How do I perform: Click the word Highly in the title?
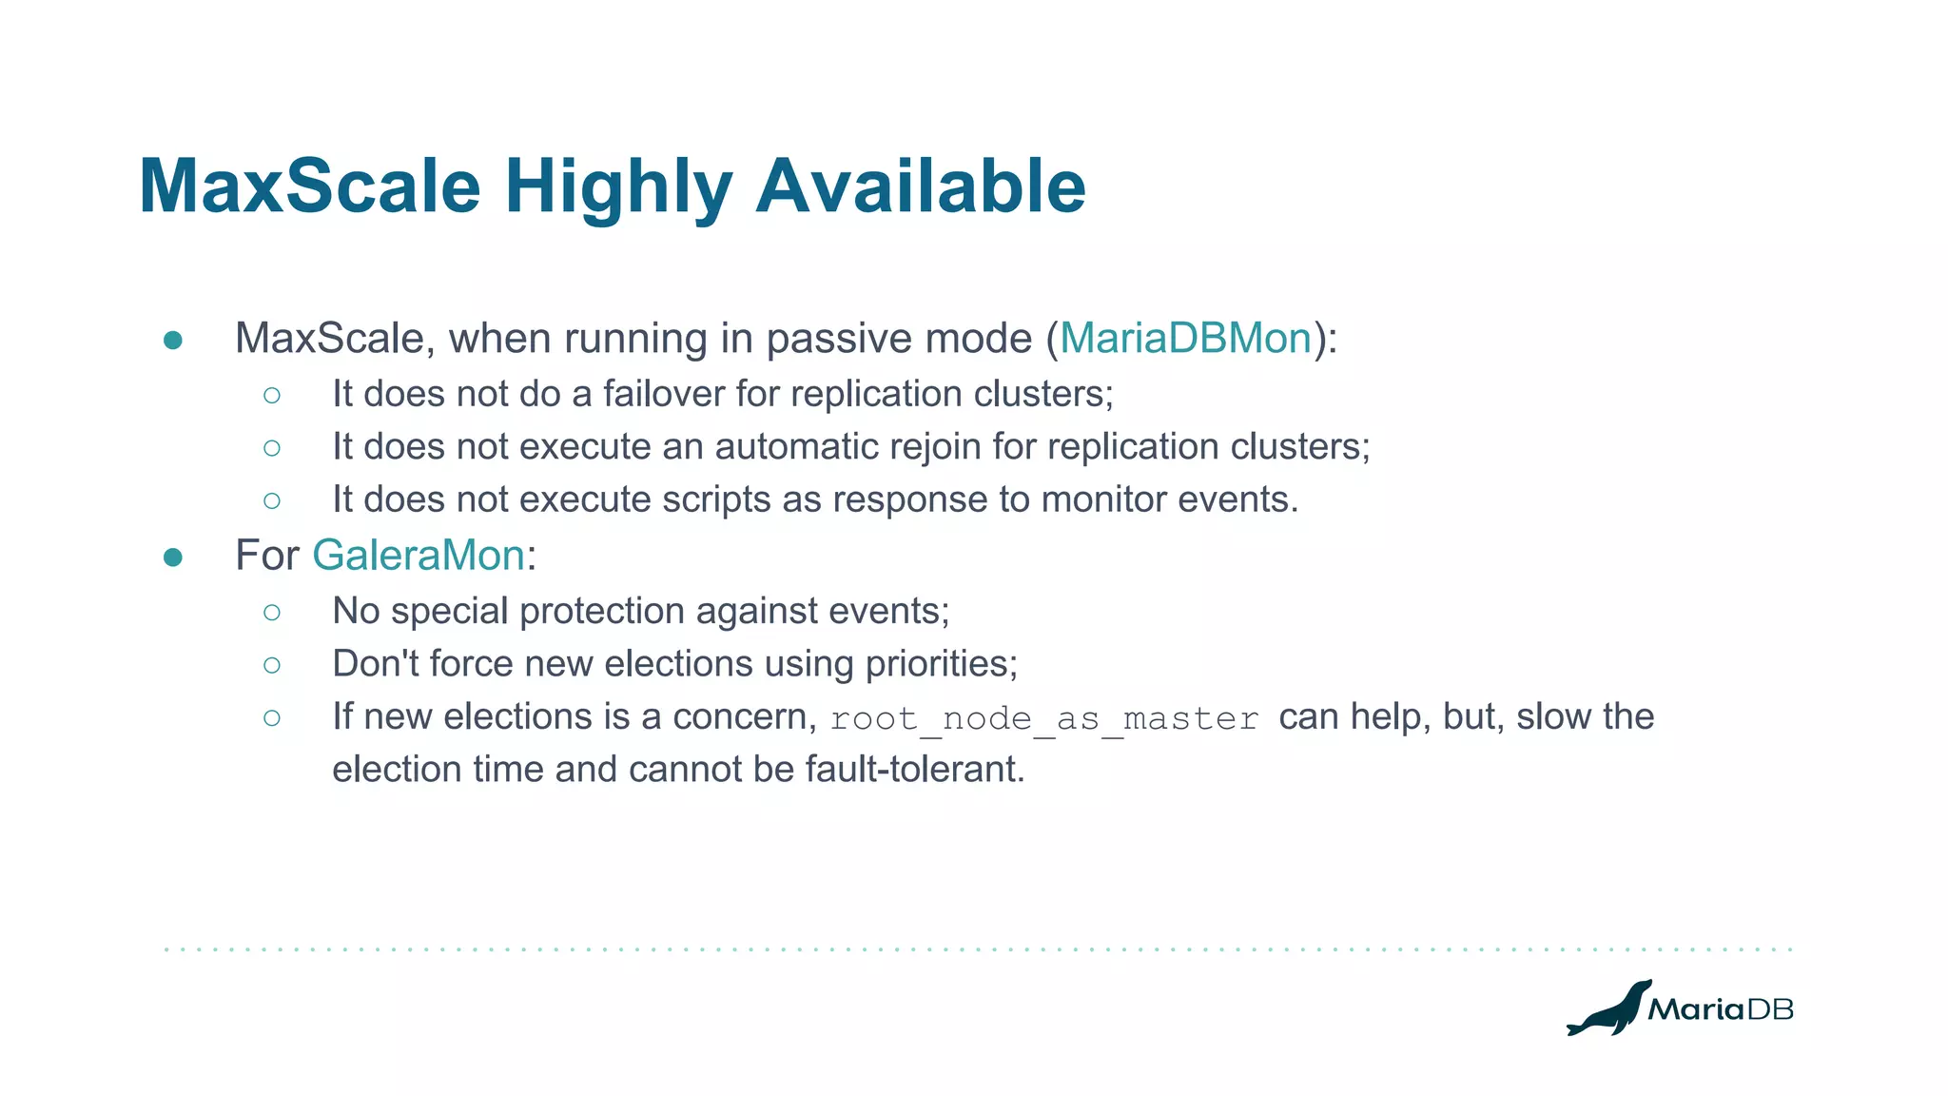point(618,187)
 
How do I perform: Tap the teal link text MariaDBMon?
point(1185,339)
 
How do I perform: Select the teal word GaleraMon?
point(419,556)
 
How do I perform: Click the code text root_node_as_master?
point(1044,718)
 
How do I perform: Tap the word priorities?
point(941,664)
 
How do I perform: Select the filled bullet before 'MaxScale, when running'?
point(173,341)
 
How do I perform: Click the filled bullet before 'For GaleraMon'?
point(173,558)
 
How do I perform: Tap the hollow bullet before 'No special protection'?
point(272,613)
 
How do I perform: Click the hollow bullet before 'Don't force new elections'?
point(272,665)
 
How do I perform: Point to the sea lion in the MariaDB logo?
point(1609,1010)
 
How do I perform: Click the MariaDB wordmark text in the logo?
point(1720,1009)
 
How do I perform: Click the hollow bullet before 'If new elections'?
point(272,717)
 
